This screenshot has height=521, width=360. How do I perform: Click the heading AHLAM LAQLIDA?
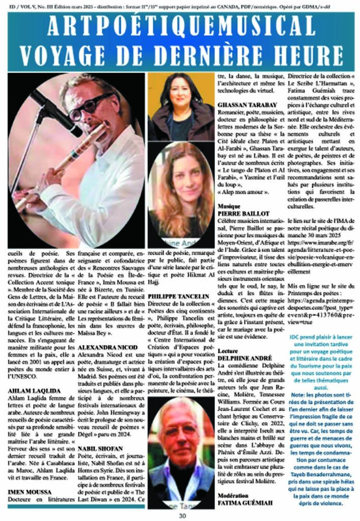coord(31,390)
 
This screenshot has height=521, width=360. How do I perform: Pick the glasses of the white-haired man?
coord(178,432)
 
